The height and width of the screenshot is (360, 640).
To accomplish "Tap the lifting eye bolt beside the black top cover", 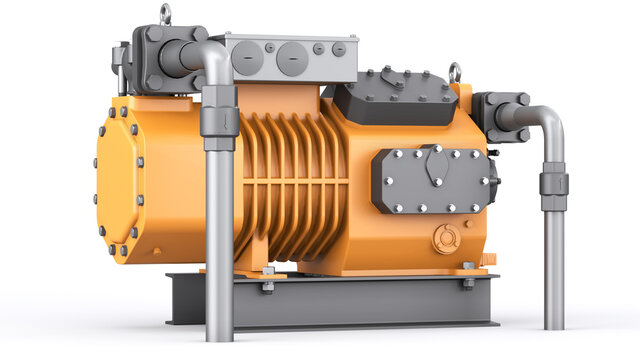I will pyautogui.click(x=455, y=72).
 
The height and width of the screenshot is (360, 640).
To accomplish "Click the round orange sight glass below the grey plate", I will pyautogui.click(x=447, y=238).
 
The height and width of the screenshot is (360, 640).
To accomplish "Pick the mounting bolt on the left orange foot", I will pyautogui.click(x=268, y=285).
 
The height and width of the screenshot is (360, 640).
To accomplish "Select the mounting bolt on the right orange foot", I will pyautogui.click(x=468, y=283).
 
